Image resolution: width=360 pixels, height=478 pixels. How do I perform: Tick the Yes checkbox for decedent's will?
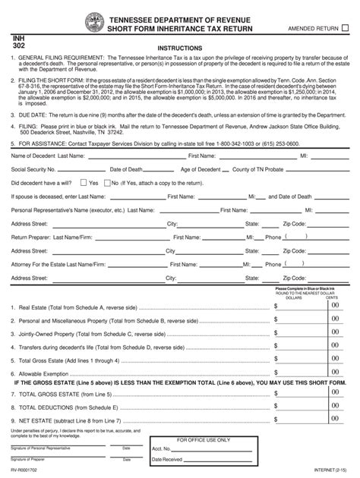point(84,183)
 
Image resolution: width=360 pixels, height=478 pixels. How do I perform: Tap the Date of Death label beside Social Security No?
point(127,169)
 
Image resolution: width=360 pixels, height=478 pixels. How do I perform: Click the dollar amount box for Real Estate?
point(300,307)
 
